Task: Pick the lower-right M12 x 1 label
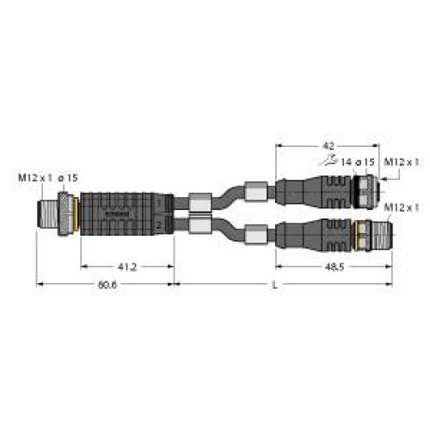[x=402, y=207]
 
